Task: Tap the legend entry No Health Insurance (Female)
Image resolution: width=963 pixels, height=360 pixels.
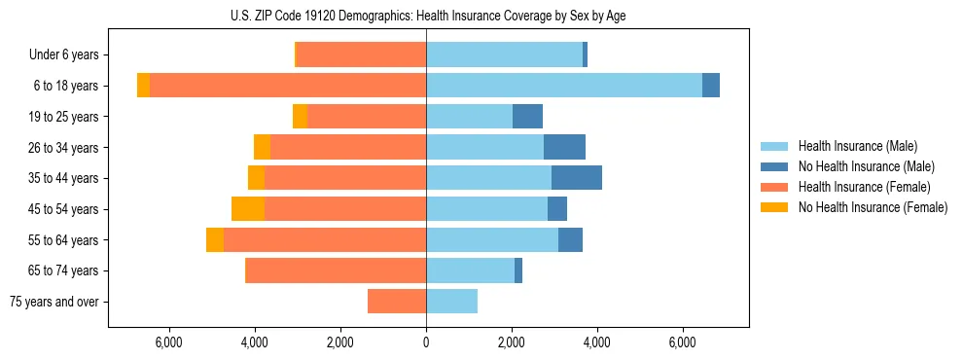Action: click(873, 207)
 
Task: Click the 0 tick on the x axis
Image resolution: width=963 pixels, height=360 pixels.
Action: click(426, 342)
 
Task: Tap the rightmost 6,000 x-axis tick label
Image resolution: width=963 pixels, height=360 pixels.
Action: click(682, 342)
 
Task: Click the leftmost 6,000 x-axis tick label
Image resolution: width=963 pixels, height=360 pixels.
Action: click(169, 342)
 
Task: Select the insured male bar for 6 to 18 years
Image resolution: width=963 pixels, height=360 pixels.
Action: click(564, 86)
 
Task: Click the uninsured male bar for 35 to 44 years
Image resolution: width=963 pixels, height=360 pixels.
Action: click(577, 178)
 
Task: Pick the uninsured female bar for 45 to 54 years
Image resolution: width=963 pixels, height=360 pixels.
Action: click(248, 209)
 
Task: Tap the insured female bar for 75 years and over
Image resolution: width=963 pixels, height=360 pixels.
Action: click(397, 302)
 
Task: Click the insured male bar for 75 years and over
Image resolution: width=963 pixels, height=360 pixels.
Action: click(451, 302)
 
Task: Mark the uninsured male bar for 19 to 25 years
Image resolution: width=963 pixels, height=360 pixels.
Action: click(527, 117)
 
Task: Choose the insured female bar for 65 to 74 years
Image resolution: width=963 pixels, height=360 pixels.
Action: click(336, 270)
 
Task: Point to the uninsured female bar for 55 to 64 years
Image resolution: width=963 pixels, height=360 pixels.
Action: click(215, 239)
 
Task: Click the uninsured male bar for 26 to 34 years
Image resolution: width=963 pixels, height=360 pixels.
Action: click(564, 147)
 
